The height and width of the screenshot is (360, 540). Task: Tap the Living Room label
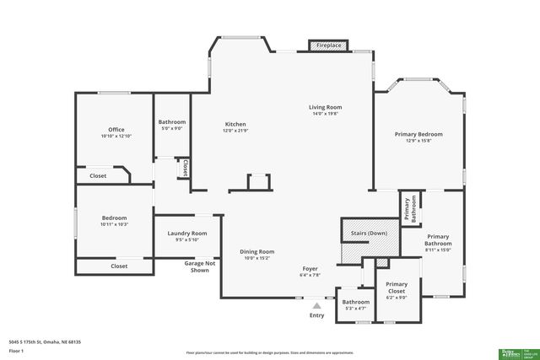pyautogui.click(x=325, y=108)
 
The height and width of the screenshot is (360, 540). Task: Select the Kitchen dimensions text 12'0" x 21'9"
pyautogui.click(x=235, y=131)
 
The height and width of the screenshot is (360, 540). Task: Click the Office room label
pyautogui.click(x=116, y=130)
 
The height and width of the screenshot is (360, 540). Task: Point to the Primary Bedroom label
pyautogui.click(x=418, y=134)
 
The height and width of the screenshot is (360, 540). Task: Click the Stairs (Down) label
pyautogui.click(x=365, y=233)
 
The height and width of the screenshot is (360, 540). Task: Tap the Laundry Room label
pyautogui.click(x=187, y=234)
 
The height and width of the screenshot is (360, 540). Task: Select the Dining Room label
pyautogui.click(x=257, y=251)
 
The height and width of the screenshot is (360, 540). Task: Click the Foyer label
pyautogui.click(x=310, y=268)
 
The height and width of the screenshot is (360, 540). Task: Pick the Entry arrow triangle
pyautogui.click(x=316, y=306)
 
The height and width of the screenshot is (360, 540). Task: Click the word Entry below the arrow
pyautogui.click(x=316, y=315)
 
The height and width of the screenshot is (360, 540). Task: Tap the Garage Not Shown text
pyautogui.click(x=199, y=266)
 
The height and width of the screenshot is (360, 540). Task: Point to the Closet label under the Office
pyautogui.click(x=98, y=176)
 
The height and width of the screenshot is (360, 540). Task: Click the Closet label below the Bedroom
pyautogui.click(x=119, y=266)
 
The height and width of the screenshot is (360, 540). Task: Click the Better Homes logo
pyautogui.click(x=509, y=353)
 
